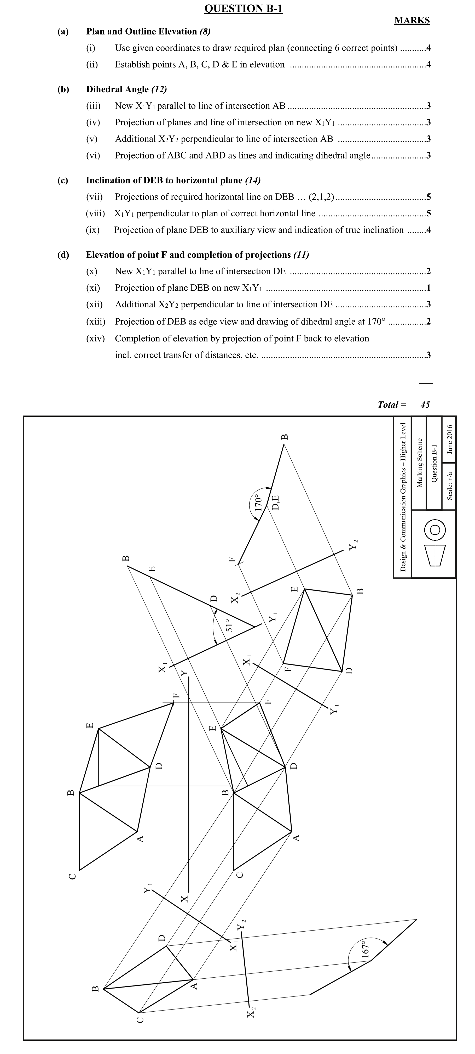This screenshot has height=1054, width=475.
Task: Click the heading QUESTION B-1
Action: [243, 9]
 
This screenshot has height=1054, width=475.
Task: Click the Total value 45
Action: [425, 405]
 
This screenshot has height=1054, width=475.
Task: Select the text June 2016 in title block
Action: [449, 440]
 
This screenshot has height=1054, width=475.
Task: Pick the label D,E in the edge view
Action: [276, 503]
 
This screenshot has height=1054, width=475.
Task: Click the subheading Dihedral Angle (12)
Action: [126, 89]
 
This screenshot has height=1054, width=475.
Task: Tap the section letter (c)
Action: [63, 181]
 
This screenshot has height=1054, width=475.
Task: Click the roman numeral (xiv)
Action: [95, 338]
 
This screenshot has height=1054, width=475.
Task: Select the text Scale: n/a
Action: [449, 486]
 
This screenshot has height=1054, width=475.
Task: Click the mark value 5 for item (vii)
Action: [428, 197]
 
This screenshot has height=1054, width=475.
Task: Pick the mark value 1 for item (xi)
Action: [428, 288]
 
